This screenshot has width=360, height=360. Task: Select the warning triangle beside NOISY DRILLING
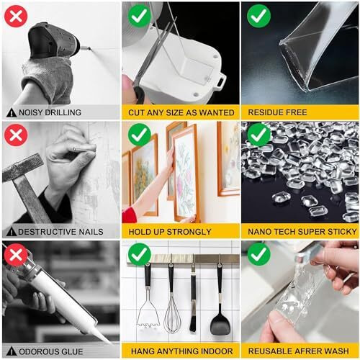click(11, 113)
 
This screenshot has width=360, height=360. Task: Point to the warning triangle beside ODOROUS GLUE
click(11, 351)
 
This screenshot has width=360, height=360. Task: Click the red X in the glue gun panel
click(15, 253)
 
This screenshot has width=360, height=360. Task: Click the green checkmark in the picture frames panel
click(139, 134)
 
